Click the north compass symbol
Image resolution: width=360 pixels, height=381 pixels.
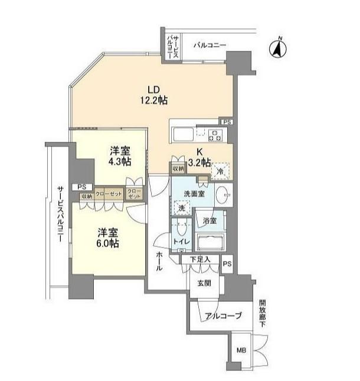pos(278,48)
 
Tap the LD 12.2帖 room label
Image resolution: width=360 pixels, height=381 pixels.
pos(154,95)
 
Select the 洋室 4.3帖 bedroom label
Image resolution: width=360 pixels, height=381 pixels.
pos(120,156)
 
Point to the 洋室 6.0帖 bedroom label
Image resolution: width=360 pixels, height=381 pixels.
pos(108,238)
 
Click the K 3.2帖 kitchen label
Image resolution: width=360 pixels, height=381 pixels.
pos(199,157)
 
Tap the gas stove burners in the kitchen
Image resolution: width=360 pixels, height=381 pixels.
pos(215,136)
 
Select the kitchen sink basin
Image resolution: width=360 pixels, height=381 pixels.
pos(183,134)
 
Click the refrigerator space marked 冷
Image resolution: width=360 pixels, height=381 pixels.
pos(220,171)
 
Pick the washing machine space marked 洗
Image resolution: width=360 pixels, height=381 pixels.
pos(181,208)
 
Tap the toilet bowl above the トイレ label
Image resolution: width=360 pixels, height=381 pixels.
pos(182,228)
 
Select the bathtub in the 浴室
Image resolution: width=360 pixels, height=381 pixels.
pos(211,242)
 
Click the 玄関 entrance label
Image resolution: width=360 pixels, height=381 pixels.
pos(204,283)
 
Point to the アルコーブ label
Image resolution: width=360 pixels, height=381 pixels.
pos(224,315)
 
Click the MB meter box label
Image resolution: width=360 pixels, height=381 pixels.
pos(241,350)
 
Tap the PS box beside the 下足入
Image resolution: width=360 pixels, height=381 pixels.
pos(227,264)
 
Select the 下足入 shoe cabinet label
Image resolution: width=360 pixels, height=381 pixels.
pos(200,259)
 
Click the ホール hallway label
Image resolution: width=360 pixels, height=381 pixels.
pos(159,261)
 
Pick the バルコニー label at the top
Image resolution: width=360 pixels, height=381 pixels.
pos(210,45)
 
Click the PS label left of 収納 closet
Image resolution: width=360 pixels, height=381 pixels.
pos(82,187)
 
